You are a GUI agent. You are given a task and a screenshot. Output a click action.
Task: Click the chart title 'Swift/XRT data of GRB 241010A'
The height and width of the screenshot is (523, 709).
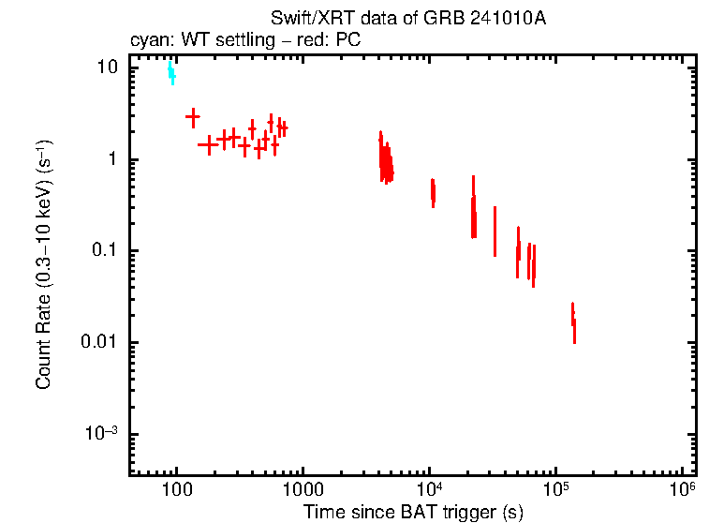coord(408,19)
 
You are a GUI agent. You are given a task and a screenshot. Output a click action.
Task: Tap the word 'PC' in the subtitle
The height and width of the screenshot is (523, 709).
coord(348,40)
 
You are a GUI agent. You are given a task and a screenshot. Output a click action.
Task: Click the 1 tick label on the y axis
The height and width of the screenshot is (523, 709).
coord(114,159)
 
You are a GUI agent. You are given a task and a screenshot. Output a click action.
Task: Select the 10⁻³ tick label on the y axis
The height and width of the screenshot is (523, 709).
coord(102,433)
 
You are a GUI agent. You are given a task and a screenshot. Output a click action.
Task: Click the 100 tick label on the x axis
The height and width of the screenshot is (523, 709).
coord(175,490)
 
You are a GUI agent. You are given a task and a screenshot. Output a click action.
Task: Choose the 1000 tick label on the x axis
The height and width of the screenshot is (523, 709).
coord(303,490)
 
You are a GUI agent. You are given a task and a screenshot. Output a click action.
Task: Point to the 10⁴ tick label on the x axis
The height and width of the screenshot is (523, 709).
coord(429,489)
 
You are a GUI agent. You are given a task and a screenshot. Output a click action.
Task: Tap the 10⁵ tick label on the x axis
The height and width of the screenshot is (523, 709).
coord(556,489)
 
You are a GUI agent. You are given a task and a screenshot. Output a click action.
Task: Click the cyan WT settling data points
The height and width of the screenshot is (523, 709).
coord(170,73)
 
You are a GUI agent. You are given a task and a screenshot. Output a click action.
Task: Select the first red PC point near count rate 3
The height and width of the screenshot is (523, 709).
coord(193,118)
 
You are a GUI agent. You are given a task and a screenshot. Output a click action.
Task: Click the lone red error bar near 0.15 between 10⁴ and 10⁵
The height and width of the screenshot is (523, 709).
coord(495,232)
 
